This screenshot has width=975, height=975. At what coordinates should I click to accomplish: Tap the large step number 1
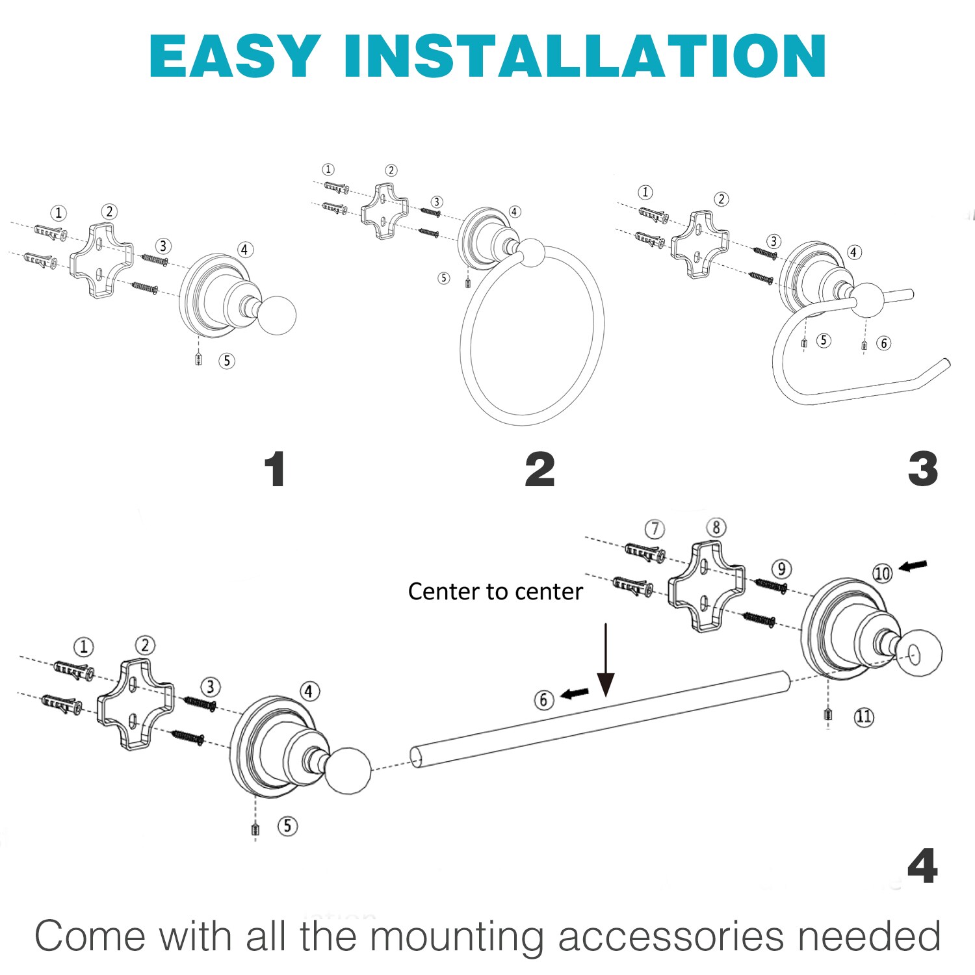click(x=275, y=469)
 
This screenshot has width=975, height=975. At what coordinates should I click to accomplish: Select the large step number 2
click(x=540, y=469)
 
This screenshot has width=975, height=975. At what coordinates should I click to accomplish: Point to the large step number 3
click(x=923, y=469)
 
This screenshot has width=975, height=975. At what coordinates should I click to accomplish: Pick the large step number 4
click(x=922, y=866)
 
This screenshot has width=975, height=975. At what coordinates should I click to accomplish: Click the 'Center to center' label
click(x=495, y=591)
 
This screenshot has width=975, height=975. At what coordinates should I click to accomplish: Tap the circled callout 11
click(x=864, y=716)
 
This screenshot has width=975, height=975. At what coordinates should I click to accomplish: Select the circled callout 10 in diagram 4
click(x=882, y=573)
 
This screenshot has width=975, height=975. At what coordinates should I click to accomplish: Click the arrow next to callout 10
click(x=913, y=567)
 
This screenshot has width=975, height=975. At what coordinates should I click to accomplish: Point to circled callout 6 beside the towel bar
click(x=544, y=700)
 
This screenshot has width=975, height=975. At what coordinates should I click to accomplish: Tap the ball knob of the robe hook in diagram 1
click(x=276, y=315)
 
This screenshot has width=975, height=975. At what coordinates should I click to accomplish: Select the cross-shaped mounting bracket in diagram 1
click(x=101, y=260)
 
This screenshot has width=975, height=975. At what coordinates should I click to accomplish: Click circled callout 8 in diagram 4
click(x=716, y=527)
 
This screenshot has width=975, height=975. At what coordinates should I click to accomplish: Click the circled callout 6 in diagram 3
click(x=883, y=343)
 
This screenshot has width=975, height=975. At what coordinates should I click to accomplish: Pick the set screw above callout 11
click(x=827, y=714)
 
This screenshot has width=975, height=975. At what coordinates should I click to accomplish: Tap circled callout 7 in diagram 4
click(x=655, y=529)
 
